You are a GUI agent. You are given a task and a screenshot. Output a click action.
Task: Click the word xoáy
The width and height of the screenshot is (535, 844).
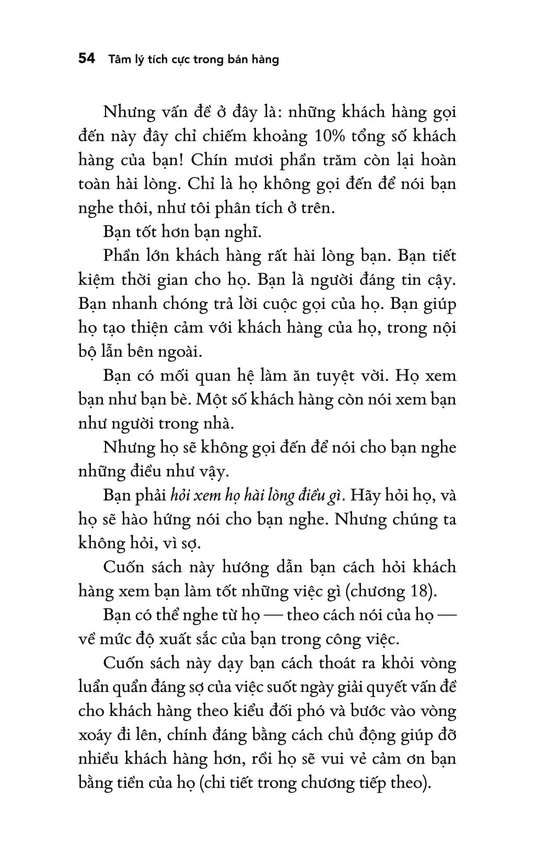(x=95, y=736)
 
